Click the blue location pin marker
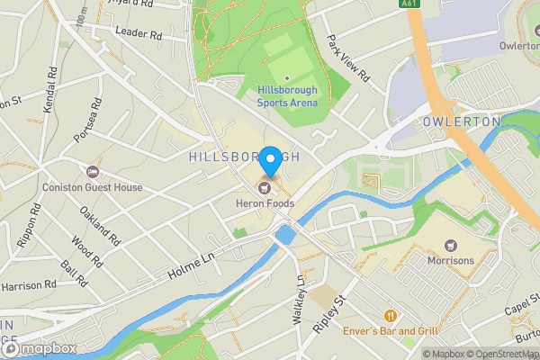[x=269, y=158]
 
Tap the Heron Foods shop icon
[x=265, y=187]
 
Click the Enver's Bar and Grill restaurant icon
[x=390, y=316]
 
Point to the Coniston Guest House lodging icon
[x=92, y=172]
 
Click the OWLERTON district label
[x=461, y=121]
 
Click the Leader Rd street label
[x=138, y=31]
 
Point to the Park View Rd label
[x=348, y=59]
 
